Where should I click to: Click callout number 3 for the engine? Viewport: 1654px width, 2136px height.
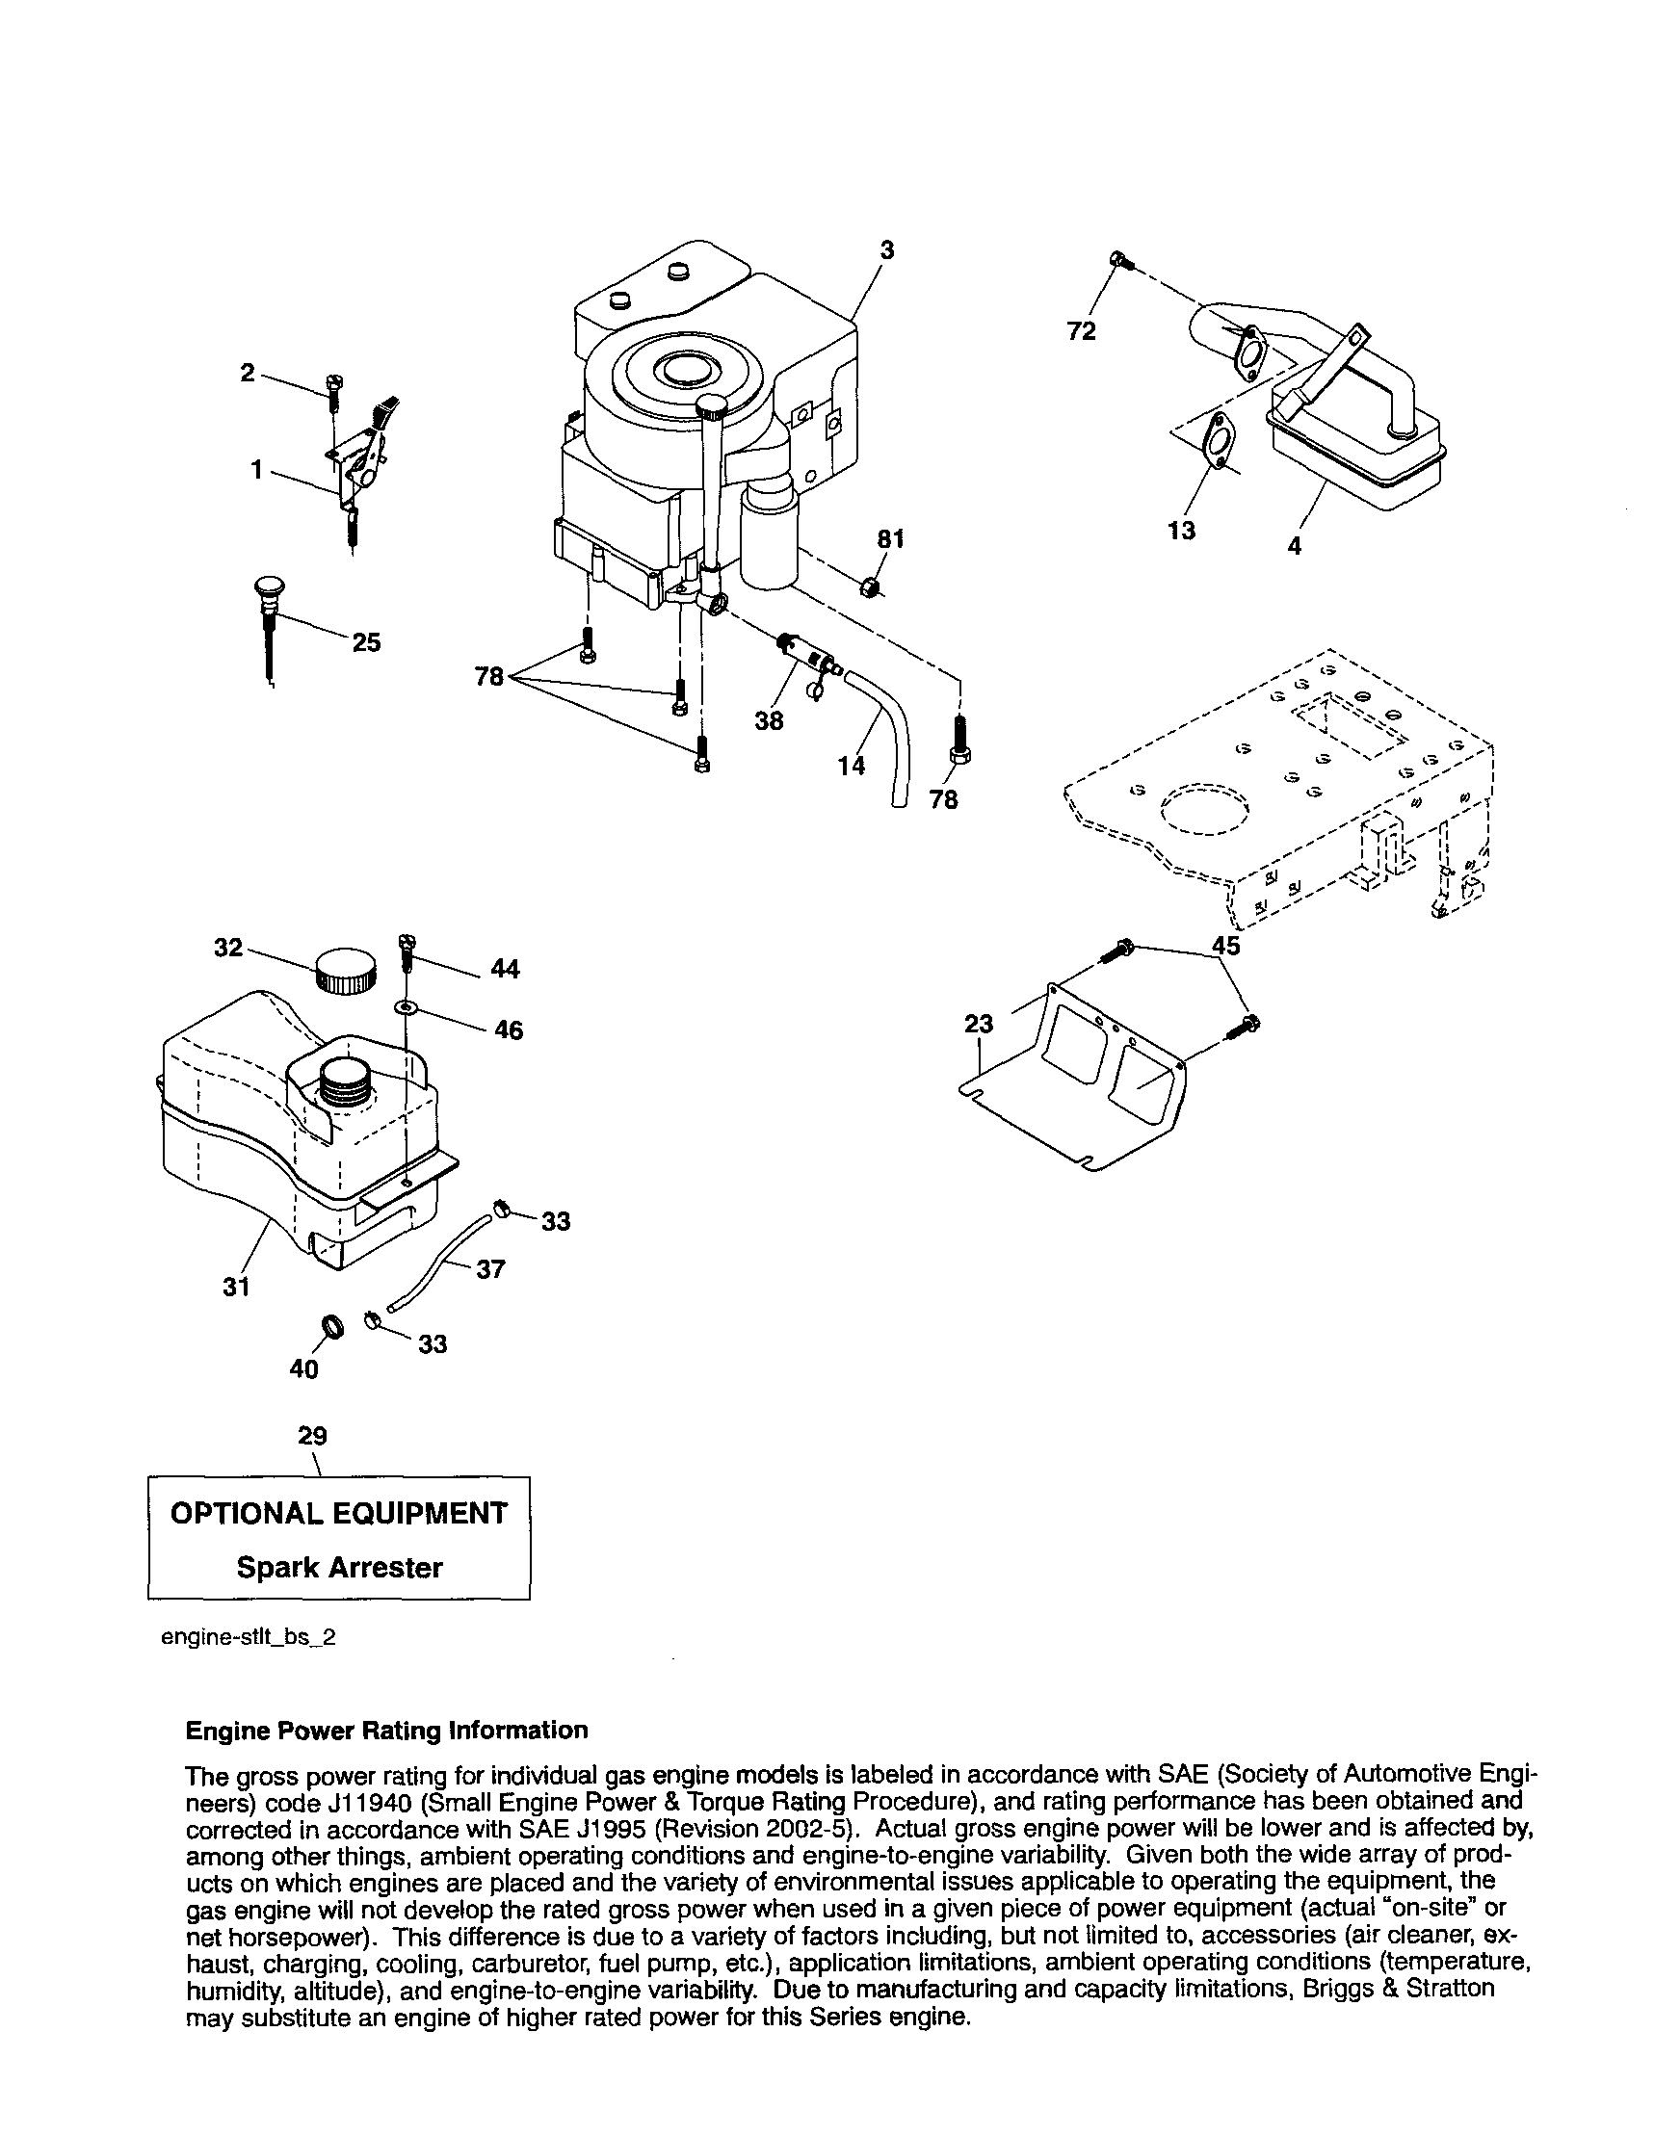click(886, 250)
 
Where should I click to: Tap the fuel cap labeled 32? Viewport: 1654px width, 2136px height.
click(344, 969)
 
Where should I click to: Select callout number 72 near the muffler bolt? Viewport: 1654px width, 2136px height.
click(1081, 331)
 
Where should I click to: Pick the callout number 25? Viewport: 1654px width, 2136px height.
click(366, 642)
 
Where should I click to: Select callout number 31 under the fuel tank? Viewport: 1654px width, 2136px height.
click(236, 1287)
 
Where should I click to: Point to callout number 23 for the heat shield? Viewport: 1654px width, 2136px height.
click(978, 1023)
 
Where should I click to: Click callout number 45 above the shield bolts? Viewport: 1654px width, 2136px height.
click(1225, 946)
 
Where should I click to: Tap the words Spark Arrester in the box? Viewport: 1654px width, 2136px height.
click(339, 1567)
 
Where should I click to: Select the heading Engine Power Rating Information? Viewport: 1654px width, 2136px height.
click(386, 1731)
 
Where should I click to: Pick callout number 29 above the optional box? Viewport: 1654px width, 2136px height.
click(312, 1436)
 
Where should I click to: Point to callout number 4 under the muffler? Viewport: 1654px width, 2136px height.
click(1294, 546)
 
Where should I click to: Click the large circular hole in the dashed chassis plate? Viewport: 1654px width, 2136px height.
click(1205, 808)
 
